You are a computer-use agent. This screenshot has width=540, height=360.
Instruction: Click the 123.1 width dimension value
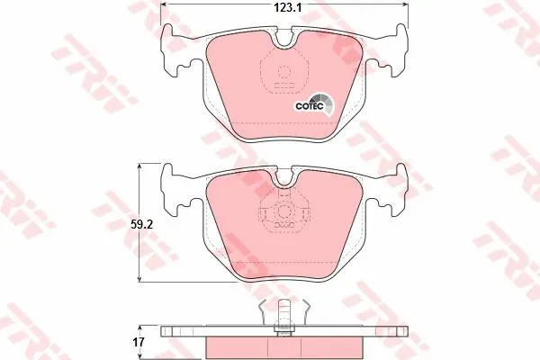point(288,7)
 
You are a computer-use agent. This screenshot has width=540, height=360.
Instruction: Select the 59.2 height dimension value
point(141,225)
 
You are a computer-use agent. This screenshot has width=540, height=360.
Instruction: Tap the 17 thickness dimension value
point(139,342)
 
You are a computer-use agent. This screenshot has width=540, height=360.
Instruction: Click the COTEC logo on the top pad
point(314,104)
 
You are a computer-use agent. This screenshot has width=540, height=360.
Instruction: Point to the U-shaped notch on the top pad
point(283,40)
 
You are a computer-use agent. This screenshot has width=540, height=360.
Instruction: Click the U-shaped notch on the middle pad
point(283,180)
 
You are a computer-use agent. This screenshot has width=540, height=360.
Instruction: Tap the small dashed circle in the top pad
point(283,72)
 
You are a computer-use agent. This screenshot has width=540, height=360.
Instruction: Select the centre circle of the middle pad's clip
point(284,211)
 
